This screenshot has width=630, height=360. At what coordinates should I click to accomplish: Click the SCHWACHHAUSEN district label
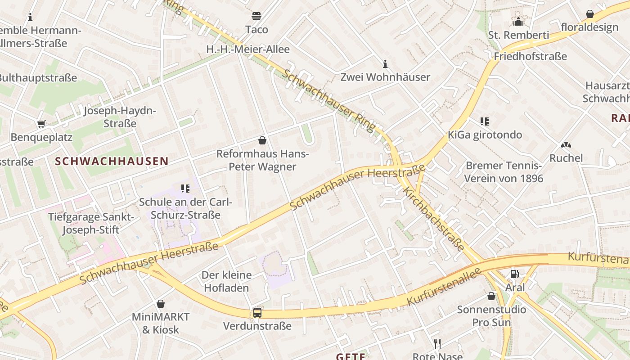tap(112, 161)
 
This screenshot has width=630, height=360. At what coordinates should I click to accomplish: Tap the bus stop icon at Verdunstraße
tap(257, 312)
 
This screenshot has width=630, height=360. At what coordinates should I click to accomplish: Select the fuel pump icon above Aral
tap(514, 274)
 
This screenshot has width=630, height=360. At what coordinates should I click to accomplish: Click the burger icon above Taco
tap(256, 17)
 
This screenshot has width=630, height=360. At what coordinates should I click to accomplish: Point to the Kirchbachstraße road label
tap(433, 219)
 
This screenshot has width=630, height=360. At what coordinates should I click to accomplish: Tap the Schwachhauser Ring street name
tap(329, 101)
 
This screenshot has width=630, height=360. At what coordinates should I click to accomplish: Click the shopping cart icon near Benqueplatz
tap(41, 124)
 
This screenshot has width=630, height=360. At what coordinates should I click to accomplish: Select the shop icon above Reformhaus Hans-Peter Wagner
tap(262, 140)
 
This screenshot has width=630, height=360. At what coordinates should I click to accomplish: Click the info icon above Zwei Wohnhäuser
tap(385, 64)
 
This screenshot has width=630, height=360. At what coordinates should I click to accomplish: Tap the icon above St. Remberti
tap(518, 21)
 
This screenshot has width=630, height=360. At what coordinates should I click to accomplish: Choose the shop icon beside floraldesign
tap(589, 14)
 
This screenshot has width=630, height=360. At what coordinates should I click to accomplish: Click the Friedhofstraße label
tap(530, 56)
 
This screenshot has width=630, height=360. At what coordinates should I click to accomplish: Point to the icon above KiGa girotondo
tap(484, 121)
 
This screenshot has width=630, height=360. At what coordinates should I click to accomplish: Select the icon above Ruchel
tap(566, 145)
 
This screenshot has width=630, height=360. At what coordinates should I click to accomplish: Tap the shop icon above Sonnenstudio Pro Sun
tap(491, 296)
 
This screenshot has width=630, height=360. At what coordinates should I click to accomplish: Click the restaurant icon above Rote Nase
tap(437, 344)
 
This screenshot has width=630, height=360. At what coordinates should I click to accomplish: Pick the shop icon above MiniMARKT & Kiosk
tap(161, 304)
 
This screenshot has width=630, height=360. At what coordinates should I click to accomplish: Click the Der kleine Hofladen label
tap(226, 281)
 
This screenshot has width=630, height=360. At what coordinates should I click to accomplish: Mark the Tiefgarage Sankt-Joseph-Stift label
tap(91, 224)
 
